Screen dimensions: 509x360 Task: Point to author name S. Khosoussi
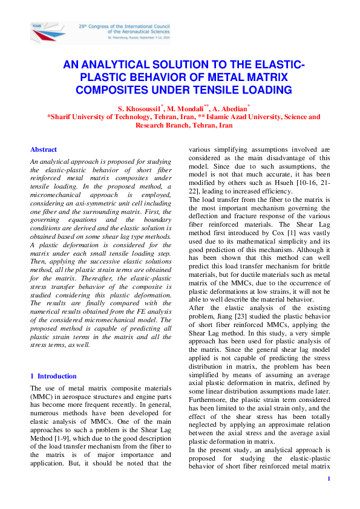(x=142, y=108)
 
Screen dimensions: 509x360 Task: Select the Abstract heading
(x=44, y=149)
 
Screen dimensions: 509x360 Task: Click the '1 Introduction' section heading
(x=53, y=375)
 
